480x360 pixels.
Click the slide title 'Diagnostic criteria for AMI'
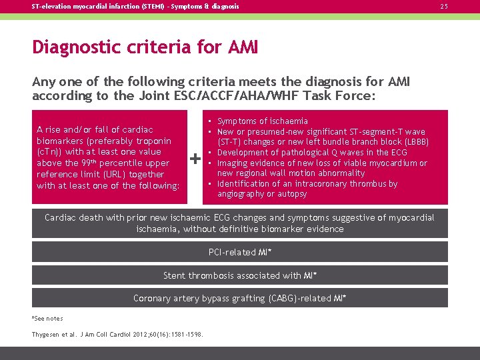coord(145,48)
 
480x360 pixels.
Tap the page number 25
coord(462,7)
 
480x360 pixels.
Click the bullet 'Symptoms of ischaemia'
coord(263,121)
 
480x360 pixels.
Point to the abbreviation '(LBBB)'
coord(413,142)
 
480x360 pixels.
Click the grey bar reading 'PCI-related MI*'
coord(240,252)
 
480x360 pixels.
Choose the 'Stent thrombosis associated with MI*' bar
coord(240,275)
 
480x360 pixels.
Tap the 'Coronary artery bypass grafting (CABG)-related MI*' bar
coord(240,298)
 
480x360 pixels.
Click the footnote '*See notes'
coord(47,319)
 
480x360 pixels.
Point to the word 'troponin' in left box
coord(153,141)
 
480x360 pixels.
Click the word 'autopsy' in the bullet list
coord(293,194)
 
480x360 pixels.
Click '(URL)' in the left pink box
coord(98,174)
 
